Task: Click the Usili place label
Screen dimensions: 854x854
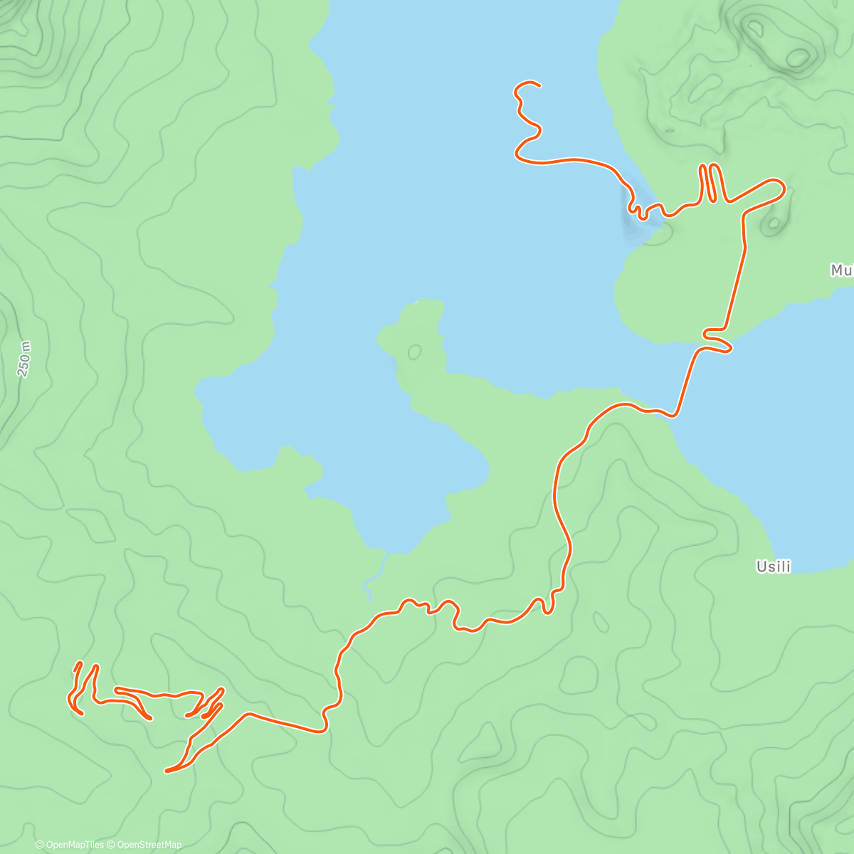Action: pos(774,567)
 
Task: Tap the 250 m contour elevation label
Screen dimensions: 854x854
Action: pos(24,359)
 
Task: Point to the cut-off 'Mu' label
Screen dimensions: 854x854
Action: pos(841,270)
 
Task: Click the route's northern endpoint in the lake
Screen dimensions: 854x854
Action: pos(539,85)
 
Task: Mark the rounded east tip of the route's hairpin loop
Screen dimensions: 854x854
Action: pos(784,189)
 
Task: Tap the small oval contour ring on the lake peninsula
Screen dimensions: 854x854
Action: pos(414,352)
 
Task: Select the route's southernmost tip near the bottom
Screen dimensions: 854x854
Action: pos(167,771)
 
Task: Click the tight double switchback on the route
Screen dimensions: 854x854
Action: pos(712,184)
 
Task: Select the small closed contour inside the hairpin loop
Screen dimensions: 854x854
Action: pos(772,225)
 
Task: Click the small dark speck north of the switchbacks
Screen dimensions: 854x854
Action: pos(670,132)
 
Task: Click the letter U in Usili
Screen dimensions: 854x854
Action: pos(760,567)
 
